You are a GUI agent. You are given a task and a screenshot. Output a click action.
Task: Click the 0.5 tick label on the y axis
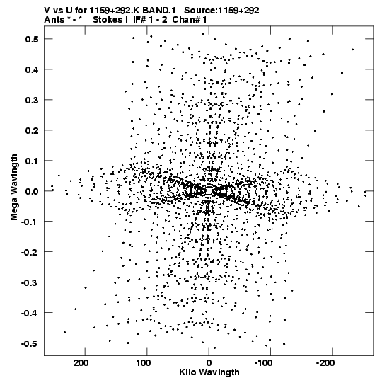(x=32, y=39)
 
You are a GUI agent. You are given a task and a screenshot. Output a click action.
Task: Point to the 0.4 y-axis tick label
(x=32, y=69)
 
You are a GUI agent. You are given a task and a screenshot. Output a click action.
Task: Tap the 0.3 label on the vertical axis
(x=32, y=100)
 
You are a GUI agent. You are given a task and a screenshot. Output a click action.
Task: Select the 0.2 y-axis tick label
(x=32, y=130)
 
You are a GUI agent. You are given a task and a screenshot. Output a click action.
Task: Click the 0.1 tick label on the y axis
(x=32, y=161)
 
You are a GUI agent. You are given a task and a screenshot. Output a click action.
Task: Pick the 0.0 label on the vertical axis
(x=32, y=191)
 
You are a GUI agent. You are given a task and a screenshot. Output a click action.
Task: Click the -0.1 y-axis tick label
(x=30, y=222)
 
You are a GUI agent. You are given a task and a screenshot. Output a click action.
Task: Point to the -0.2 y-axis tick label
(x=30, y=252)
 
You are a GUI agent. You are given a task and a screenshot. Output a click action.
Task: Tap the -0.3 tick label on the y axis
(x=30, y=282)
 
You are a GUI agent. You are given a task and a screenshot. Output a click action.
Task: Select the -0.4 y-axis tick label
(x=30, y=313)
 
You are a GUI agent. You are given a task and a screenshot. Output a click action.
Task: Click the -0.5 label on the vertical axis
(x=30, y=343)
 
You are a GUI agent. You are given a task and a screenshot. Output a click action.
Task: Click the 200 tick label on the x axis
(x=81, y=363)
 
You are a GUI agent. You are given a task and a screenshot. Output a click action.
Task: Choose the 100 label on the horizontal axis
(x=144, y=363)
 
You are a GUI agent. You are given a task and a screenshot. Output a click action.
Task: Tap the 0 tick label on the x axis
(x=209, y=363)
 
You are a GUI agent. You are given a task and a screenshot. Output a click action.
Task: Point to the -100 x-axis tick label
(x=263, y=363)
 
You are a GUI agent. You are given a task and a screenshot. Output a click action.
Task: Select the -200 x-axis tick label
(x=325, y=363)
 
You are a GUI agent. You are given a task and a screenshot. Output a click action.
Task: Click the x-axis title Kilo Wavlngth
(x=209, y=372)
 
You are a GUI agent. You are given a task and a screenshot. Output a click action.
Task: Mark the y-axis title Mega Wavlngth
(x=14, y=188)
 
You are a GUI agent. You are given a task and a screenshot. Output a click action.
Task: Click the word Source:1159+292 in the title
(x=221, y=11)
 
